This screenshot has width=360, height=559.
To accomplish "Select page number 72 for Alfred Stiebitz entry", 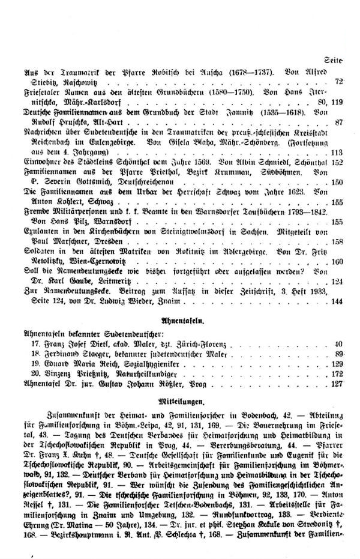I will click(x=339, y=80).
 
